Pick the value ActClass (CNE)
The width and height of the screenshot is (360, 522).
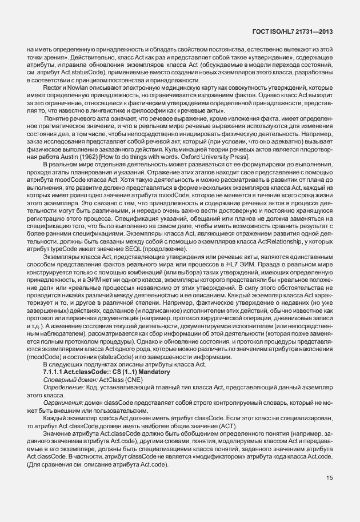pyautogui.click(x=122, y=379)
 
